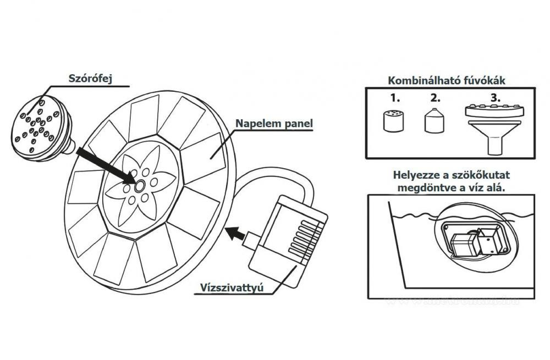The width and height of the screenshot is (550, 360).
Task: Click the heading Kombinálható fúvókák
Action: point(447,80)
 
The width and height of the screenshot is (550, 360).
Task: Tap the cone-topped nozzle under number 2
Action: point(433,121)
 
